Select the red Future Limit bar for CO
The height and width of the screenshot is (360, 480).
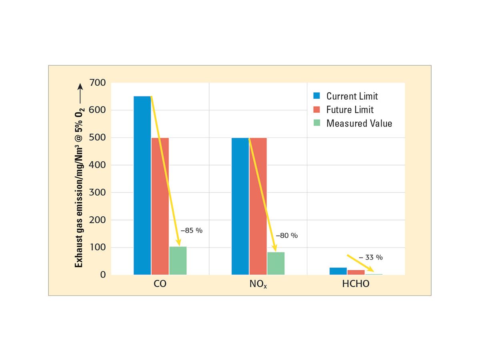[x=160, y=206]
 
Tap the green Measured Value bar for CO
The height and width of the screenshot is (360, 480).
[x=178, y=260]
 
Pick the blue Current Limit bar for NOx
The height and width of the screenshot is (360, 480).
[x=240, y=206]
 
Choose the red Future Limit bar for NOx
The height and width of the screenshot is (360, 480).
[x=258, y=206]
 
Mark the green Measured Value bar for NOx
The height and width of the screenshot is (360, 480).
[x=276, y=263]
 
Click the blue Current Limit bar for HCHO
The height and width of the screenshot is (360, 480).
[x=338, y=271]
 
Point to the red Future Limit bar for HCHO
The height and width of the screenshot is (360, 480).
[x=356, y=272]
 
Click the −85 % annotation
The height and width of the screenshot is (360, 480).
[x=189, y=231]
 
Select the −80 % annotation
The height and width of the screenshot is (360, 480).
[x=287, y=236]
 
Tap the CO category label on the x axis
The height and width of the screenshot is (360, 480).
[x=160, y=285]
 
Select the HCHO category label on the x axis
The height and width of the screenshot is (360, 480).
[x=356, y=285]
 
